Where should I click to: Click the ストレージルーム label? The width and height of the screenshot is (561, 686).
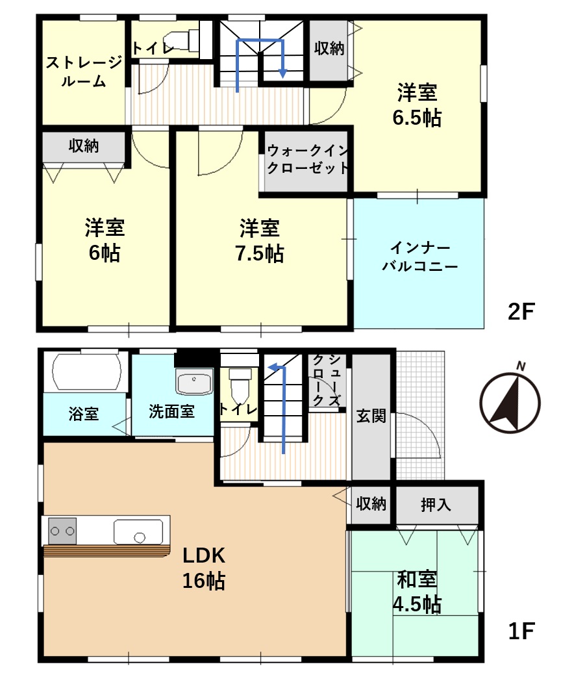tap(84, 71)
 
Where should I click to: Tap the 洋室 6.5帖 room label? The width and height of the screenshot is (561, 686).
tap(417, 105)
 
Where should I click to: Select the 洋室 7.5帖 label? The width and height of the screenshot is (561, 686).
tap(259, 240)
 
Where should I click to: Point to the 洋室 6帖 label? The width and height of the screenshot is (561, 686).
tap(105, 240)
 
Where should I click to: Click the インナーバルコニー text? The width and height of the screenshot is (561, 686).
tap(419, 257)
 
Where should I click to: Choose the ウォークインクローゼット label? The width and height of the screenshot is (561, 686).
tap(307, 159)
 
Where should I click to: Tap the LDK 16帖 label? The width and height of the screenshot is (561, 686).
tap(204, 568)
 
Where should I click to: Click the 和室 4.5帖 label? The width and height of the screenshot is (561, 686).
tap(417, 592)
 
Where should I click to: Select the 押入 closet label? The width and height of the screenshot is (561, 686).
tap(436, 505)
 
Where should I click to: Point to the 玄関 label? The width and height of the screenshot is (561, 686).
tap(371, 415)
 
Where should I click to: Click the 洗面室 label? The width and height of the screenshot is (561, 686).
tap(171, 411)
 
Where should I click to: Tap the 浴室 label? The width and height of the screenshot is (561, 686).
tap(84, 414)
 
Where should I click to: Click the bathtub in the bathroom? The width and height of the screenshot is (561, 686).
tap(86, 372)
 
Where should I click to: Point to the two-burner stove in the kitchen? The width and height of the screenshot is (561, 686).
tap(62, 531)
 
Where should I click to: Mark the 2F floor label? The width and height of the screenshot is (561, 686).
tap(521, 312)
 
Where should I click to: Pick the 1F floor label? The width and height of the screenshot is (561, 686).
tap(521, 631)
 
